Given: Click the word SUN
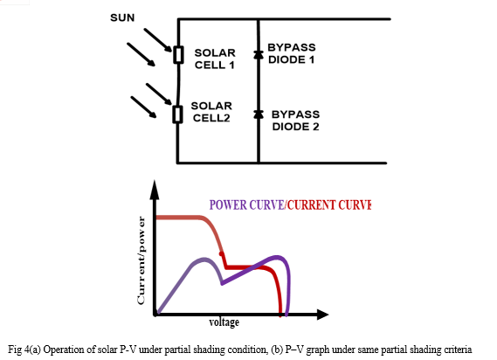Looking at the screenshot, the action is [122, 17].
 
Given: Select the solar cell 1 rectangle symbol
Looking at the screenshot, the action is [178, 54].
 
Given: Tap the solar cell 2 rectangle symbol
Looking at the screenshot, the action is [177, 114].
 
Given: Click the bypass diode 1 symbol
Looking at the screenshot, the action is [259, 54].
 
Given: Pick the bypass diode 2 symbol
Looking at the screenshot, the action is [259, 114].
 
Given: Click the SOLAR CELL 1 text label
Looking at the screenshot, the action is [215, 59].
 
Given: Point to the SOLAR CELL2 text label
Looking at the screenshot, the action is [211, 112].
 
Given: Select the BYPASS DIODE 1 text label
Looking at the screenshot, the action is [291, 53].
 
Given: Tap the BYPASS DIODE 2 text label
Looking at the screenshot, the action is [295, 121].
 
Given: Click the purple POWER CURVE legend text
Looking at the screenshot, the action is [246, 204].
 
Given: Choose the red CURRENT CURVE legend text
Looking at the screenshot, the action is [329, 204].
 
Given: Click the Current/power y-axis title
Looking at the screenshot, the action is [141, 260].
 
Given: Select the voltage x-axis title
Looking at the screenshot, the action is [224, 322].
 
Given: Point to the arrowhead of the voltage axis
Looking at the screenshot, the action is [322, 315].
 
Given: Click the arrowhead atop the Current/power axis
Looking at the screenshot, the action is [155, 190].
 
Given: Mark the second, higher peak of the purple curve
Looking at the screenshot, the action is [278, 257].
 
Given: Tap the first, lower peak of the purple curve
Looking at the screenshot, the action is [204, 260].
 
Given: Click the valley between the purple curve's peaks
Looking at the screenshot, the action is [222, 283].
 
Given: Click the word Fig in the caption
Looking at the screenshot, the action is [14, 350].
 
